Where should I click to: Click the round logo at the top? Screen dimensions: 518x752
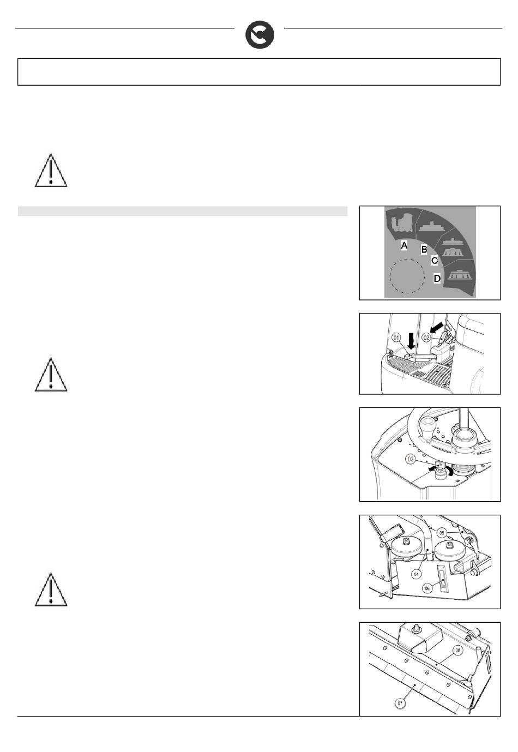click(x=260, y=35)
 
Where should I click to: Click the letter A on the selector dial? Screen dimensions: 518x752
click(x=404, y=246)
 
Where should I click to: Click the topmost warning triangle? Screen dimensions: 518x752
click(x=51, y=171)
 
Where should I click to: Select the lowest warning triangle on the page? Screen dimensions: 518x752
click(x=51, y=590)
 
